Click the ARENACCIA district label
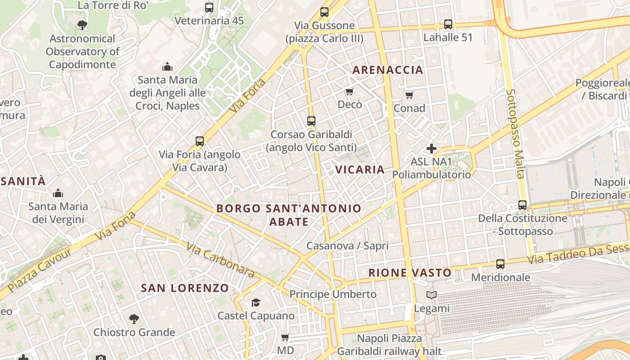(x=387, y=70)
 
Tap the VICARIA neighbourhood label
(x=360, y=170)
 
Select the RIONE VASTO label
(x=410, y=273)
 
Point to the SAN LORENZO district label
(x=185, y=288)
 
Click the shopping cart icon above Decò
(x=350, y=92)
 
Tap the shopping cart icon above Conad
(x=409, y=95)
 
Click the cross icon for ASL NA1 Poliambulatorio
(x=432, y=148)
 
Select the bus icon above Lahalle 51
(x=448, y=24)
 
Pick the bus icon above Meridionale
(x=500, y=264)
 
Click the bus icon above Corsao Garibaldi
(x=311, y=121)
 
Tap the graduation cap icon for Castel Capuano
(x=256, y=302)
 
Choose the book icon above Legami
(x=432, y=295)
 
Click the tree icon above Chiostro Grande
(x=134, y=319)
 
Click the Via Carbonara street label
(x=220, y=260)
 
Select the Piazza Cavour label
(x=40, y=270)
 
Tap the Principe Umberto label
(x=333, y=294)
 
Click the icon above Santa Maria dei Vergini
(x=58, y=193)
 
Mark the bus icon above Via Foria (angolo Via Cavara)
(x=200, y=141)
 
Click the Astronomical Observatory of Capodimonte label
(x=82, y=51)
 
